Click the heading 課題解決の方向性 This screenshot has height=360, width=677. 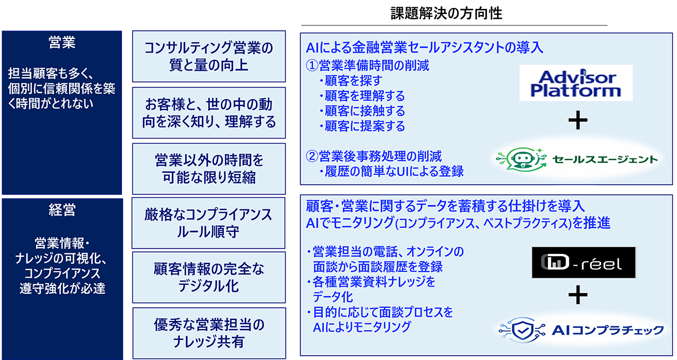click(x=446, y=14)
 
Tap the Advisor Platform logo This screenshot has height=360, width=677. click(x=576, y=83)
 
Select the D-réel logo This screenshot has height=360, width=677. click(x=584, y=262)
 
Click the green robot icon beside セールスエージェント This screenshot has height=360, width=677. click(x=522, y=160)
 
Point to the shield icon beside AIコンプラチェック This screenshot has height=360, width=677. click(x=522, y=330)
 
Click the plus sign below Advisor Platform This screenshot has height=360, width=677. click(x=578, y=120)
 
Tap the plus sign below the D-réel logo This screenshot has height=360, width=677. click(x=578, y=295)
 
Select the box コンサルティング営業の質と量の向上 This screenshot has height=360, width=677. click(x=209, y=56)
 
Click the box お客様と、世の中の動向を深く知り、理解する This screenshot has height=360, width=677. click(x=209, y=113)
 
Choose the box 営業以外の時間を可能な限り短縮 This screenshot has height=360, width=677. click(x=209, y=169)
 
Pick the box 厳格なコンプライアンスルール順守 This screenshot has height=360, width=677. click(x=208, y=223)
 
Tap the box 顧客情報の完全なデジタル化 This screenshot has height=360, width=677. click(x=209, y=278)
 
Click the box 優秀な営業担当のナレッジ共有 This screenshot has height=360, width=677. click(x=209, y=333)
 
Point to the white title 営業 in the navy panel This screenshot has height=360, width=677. click(x=62, y=42)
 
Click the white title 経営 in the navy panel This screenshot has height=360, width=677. click(x=62, y=210)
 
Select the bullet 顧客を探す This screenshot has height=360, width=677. click(x=350, y=81)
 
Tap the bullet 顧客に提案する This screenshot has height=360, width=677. click(x=362, y=126)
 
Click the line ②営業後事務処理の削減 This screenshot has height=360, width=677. click(x=373, y=156)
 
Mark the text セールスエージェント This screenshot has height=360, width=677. click(x=605, y=159)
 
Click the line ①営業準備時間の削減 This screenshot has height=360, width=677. click(x=367, y=65)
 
